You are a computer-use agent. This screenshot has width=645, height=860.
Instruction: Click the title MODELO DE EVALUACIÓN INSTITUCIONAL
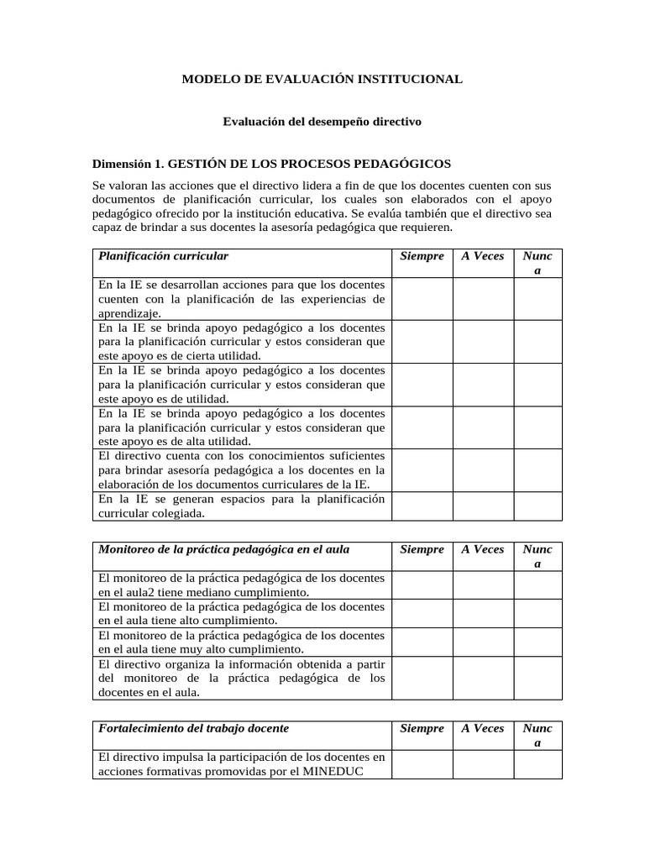(322, 79)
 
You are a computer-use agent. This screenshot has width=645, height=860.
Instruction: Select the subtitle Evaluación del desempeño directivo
(322, 122)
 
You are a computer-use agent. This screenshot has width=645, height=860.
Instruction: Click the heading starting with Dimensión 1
(271, 163)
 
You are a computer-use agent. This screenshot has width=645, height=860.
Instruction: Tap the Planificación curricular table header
(164, 255)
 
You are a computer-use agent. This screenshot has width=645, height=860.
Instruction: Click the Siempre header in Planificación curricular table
(422, 255)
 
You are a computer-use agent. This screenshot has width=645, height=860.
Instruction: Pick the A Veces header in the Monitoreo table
(483, 549)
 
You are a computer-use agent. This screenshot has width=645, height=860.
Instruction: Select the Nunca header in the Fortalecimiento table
(537, 735)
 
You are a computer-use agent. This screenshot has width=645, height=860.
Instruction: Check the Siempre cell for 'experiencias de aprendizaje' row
(422, 298)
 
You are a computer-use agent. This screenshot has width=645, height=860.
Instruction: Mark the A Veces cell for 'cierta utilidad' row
(483, 341)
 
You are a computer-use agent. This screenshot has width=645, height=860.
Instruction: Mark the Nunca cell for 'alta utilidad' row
(537, 427)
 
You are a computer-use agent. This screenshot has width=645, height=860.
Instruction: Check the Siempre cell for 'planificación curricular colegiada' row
(422, 506)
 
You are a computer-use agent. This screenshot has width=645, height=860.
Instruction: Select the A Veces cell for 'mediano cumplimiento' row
(483, 585)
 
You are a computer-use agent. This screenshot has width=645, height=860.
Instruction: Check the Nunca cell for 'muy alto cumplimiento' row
(537, 642)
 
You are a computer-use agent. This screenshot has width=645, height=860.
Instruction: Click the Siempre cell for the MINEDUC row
(422, 764)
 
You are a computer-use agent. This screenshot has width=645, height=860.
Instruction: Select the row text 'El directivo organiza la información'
(242, 678)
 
